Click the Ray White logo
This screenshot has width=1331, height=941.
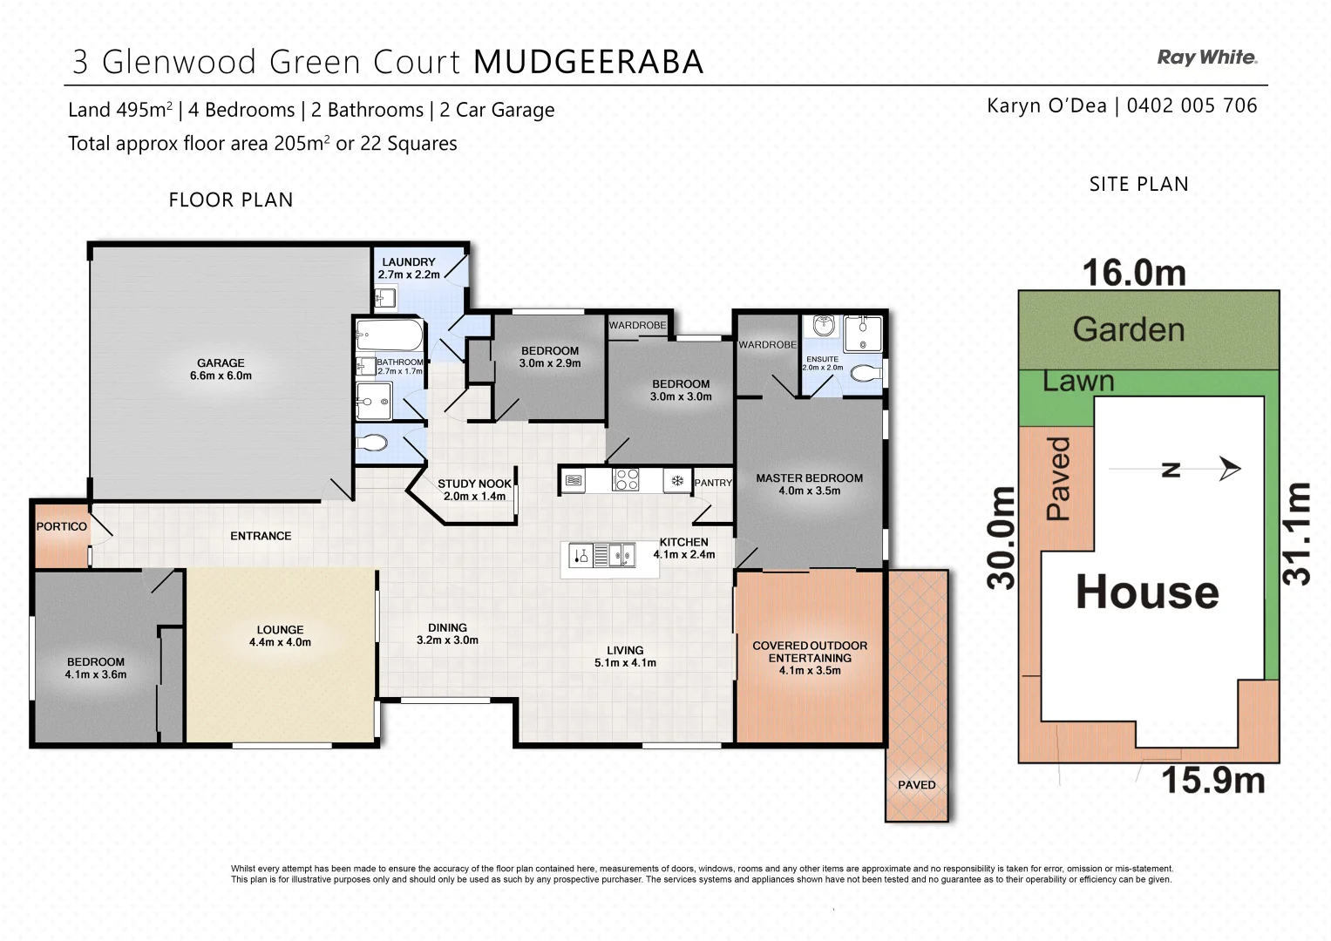(x=1206, y=58)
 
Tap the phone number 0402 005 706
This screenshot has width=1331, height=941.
(x=1192, y=106)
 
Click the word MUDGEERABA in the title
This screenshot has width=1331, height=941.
(x=588, y=63)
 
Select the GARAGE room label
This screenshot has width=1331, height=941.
(x=221, y=362)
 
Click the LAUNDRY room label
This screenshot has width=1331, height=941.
(x=408, y=262)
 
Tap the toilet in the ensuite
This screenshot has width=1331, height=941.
(x=866, y=374)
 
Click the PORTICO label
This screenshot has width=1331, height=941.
(x=61, y=527)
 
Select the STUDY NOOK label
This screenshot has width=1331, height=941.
(x=474, y=484)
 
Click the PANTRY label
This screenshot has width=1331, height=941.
(x=713, y=483)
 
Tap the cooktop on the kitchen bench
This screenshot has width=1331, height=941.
(x=625, y=480)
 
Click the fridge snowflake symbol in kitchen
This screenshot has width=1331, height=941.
(x=676, y=480)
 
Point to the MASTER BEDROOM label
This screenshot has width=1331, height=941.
(x=809, y=478)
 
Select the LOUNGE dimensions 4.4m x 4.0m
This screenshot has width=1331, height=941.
(x=280, y=643)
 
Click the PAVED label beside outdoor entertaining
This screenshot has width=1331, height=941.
(x=916, y=785)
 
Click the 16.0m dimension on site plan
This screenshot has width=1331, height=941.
(x=1134, y=274)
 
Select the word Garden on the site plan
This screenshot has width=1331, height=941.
(x=1128, y=330)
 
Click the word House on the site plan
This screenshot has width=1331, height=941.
(x=1147, y=592)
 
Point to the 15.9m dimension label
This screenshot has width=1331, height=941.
(x=1212, y=781)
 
